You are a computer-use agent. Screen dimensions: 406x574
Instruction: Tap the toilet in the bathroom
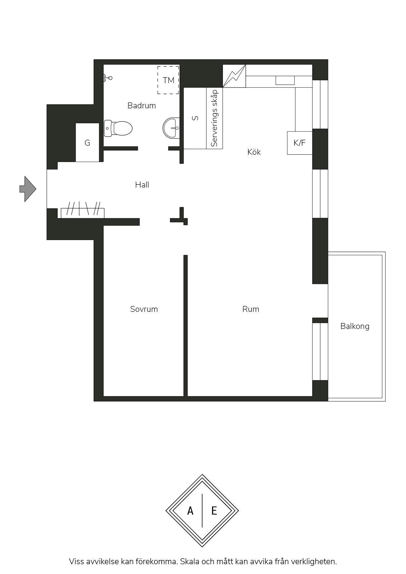(118, 128)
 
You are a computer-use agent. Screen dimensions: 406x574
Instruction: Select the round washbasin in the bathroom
(171, 128)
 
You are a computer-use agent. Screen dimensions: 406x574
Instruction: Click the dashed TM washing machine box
(168, 80)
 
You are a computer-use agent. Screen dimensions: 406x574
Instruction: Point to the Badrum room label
(141, 106)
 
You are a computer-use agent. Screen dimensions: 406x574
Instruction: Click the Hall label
(142, 185)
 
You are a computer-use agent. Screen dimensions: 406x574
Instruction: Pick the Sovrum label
(144, 309)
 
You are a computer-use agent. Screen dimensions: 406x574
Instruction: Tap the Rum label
(251, 309)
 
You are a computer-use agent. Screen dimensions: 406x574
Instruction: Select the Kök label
(254, 152)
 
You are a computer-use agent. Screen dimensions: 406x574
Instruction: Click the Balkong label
(355, 326)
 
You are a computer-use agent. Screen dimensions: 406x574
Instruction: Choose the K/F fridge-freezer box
(300, 143)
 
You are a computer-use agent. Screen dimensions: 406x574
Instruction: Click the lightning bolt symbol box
(234, 76)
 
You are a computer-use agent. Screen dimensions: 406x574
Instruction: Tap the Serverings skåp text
(214, 118)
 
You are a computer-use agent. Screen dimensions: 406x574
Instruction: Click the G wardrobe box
(87, 142)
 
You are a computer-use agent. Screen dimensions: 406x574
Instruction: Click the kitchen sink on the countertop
(285, 81)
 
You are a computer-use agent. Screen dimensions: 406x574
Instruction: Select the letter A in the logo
(190, 511)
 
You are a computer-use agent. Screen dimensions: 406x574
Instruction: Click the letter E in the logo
(214, 511)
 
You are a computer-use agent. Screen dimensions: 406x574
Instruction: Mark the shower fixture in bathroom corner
(108, 78)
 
